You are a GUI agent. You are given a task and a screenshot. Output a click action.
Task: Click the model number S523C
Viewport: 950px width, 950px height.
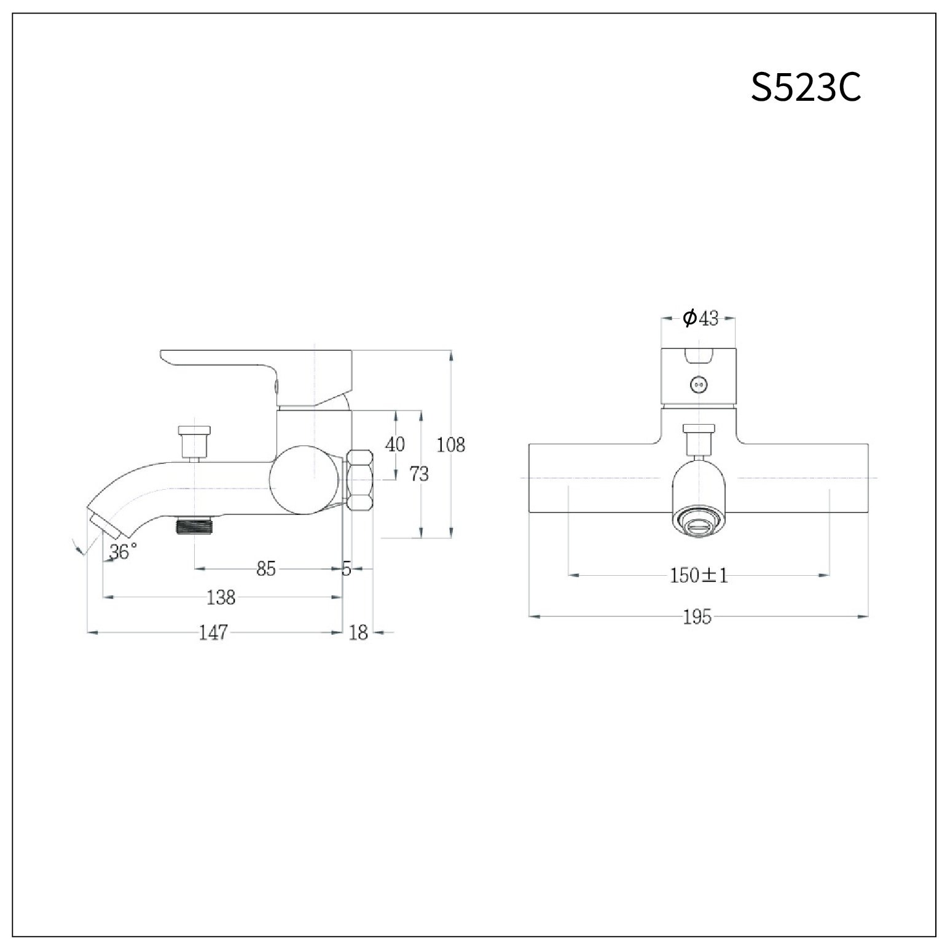pyautogui.click(x=806, y=88)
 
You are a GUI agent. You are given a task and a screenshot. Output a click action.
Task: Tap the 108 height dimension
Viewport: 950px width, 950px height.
pyautogui.click(x=450, y=444)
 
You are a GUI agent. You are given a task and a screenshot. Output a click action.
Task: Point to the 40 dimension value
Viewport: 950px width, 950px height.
pyautogui.click(x=395, y=444)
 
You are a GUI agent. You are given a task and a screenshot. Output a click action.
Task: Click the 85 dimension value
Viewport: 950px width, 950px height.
pyautogui.click(x=266, y=569)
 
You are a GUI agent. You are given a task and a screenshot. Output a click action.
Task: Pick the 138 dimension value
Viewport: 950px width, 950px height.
pyautogui.click(x=221, y=597)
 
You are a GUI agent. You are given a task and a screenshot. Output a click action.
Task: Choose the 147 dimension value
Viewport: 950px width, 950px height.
pyautogui.click(x=213, y=632)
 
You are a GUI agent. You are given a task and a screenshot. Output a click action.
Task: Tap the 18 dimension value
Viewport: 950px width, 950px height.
pyautogui.click(x=358, y=632)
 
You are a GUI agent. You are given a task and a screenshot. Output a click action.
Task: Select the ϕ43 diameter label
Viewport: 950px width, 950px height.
pyautogui.click(x=701, y=318)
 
